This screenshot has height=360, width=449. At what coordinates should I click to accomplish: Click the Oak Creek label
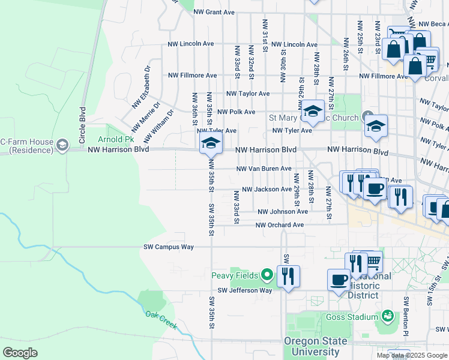coord(161,319)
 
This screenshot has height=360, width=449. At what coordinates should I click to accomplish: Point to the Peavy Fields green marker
coord(267,276)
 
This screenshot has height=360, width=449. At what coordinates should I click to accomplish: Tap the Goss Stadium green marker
coord(388,316)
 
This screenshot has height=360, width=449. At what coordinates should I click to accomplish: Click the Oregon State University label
coord(316,346)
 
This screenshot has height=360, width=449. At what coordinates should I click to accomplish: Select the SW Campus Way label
coord(169,247)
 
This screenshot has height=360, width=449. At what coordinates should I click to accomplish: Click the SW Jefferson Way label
coord(245,290)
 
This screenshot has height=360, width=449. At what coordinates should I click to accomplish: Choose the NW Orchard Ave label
coord(280,225)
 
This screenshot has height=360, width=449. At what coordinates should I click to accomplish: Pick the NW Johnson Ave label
coord(283,212)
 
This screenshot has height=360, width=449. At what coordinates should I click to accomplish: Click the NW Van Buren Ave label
coord(264,169)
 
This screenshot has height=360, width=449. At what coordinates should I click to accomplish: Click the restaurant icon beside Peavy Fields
coord(289,276)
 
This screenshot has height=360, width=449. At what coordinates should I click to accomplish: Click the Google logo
coord(20,353)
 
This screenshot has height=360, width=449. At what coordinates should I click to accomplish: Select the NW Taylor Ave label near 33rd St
coord(248,94)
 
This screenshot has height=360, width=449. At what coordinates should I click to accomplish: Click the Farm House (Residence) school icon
coord(62,145)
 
